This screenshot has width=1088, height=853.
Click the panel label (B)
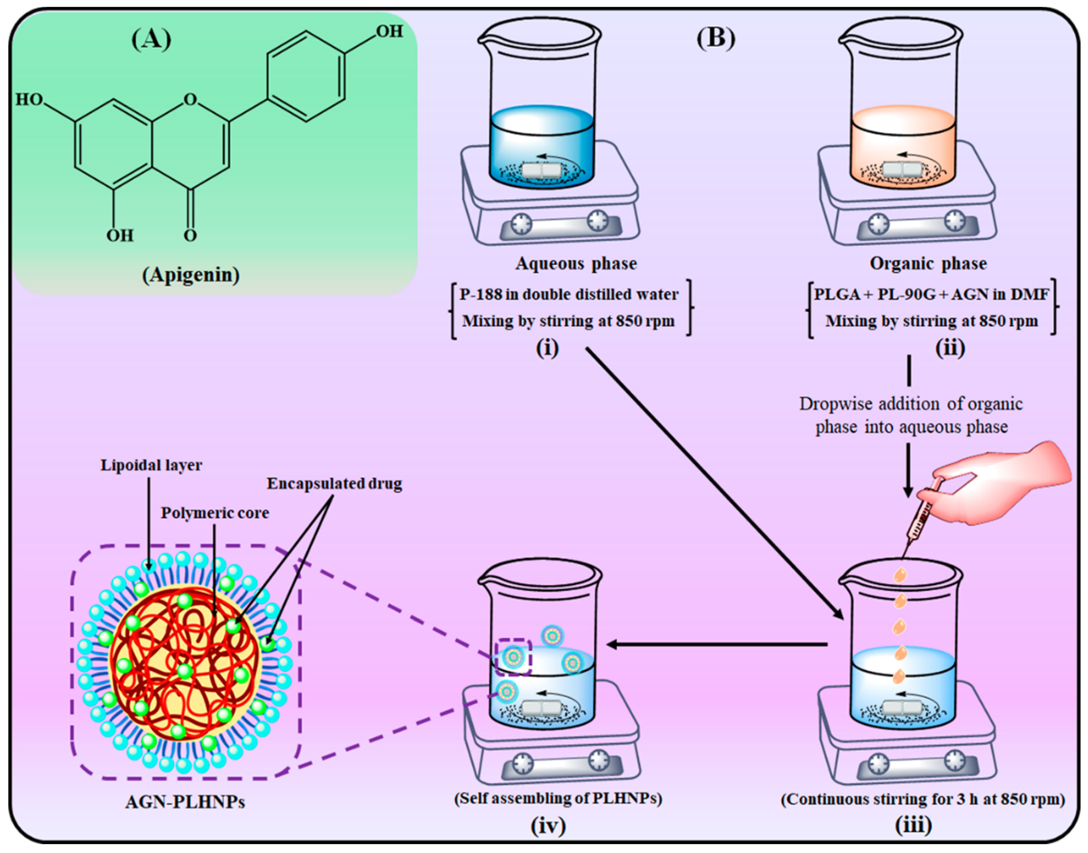pyautogui.click(x=716, y=39)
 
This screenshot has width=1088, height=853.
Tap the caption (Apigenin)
pyautogui.click(x=191, y=275)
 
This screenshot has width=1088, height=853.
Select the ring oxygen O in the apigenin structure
pyautogui.click(x=190, y=100)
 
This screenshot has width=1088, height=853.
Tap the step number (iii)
pyautogui.click(x=913, y=825)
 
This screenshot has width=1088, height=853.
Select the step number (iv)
pyautogui.click(x=548, y=825)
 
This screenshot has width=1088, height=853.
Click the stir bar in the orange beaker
pyautogui.click(x=902, y=170)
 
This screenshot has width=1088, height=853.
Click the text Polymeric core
pyautogui.click(x=215, y=513)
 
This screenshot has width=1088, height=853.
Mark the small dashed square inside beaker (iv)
pyautogui.click(x=513, y=656)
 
